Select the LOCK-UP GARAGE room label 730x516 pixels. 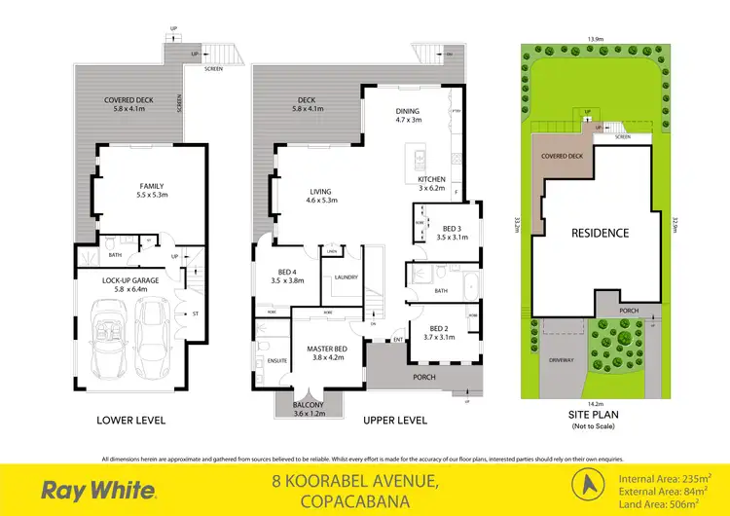pyautogui.click(x=130, y=280)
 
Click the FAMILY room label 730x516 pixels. pyautogui.click(x=150, y=186)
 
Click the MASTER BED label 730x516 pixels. pyautogui.click(x=328, y=348)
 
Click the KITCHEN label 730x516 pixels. pyautogui.click(x=431, y=180)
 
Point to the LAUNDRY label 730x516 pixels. pyautogui.click(x=345, y=276)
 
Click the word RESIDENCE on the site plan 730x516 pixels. pyautogui.click(x=600, y=233)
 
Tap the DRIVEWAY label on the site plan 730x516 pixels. pyautogui.click(x=562, y=359)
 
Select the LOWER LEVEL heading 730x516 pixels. pyautogui.click(x=130, y=421)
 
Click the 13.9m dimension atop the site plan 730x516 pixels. pyautogui.click(x=594, y=40)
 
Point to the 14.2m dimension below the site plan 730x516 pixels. pyautogui.click(x=595, y=403)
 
